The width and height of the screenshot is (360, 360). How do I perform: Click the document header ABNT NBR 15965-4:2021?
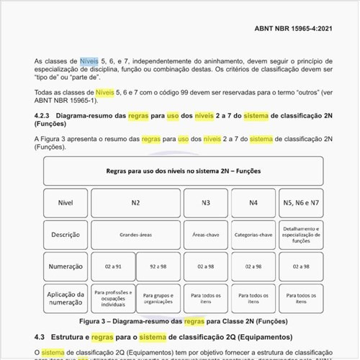(x=293, y=28)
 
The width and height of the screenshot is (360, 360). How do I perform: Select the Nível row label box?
(x=66, y=202)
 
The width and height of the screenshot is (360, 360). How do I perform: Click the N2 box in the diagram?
(x=135, y=202)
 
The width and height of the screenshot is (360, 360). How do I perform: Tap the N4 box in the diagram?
(x=253, y=202)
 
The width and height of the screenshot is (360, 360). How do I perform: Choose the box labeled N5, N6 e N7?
(x=301, y=202)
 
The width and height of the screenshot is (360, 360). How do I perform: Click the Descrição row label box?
(x=66, y=235)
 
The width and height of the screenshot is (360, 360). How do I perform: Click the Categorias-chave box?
(x=253, y=235)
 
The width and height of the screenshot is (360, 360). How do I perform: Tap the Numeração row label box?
(x=66, y=266)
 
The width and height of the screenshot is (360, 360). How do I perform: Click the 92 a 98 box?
(x=158, y=266)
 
